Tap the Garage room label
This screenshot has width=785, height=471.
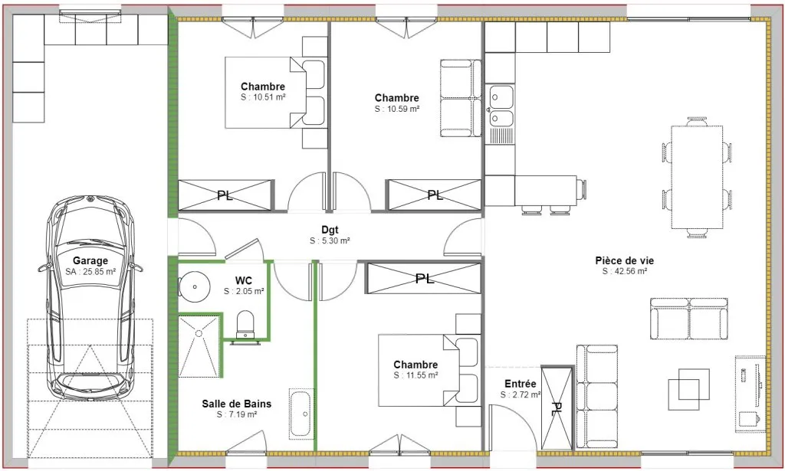(90, 260)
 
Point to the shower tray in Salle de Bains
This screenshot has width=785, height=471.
(199, 346)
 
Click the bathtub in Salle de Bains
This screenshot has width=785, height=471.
(301, 414)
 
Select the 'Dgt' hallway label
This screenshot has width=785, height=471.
(330, 230)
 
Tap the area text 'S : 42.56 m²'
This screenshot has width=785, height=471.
(625, 272)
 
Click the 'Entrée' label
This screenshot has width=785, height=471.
(521, 384)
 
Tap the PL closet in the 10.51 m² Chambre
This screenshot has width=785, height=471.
(226, 195)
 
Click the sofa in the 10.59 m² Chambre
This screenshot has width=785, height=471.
(461, 99)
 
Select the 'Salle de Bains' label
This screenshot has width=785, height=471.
(237, 404)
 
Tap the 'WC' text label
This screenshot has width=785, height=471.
(244, 280)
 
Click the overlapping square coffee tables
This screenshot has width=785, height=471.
(689, 384)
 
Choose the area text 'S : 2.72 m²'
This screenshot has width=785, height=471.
(521, 395)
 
